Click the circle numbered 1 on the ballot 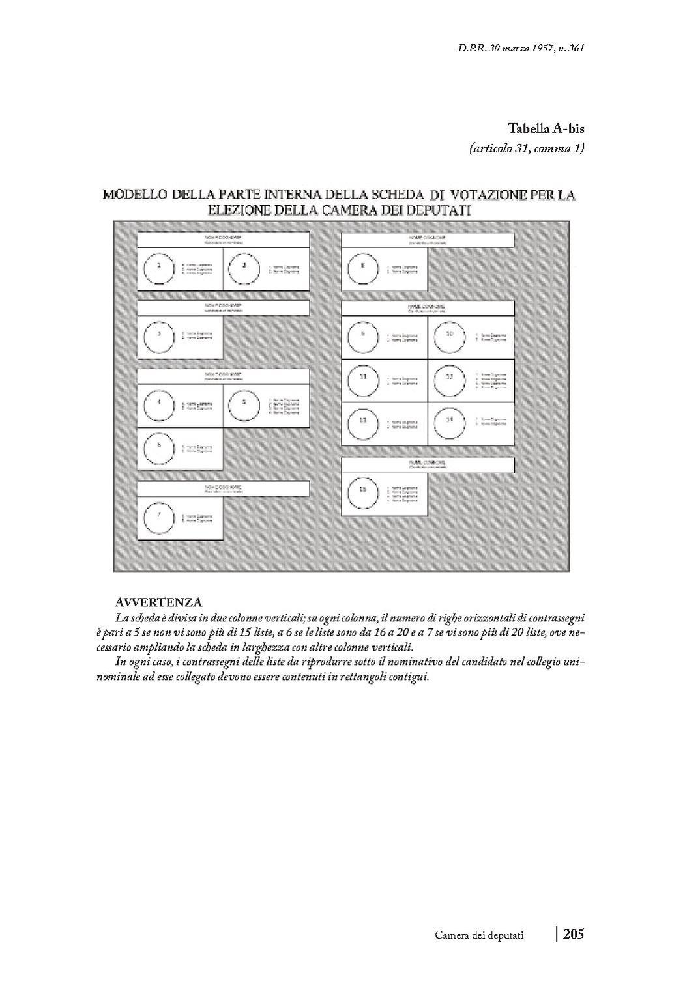[158, 268]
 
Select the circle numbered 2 [244, 268]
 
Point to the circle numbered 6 [158, 449]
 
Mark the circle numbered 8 [363, 268]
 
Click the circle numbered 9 [363, 337]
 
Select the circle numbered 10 [450, 337]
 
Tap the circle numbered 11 [363, 380]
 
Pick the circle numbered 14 [450, 423]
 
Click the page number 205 [574, 935]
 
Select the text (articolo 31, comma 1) [526, 148]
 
